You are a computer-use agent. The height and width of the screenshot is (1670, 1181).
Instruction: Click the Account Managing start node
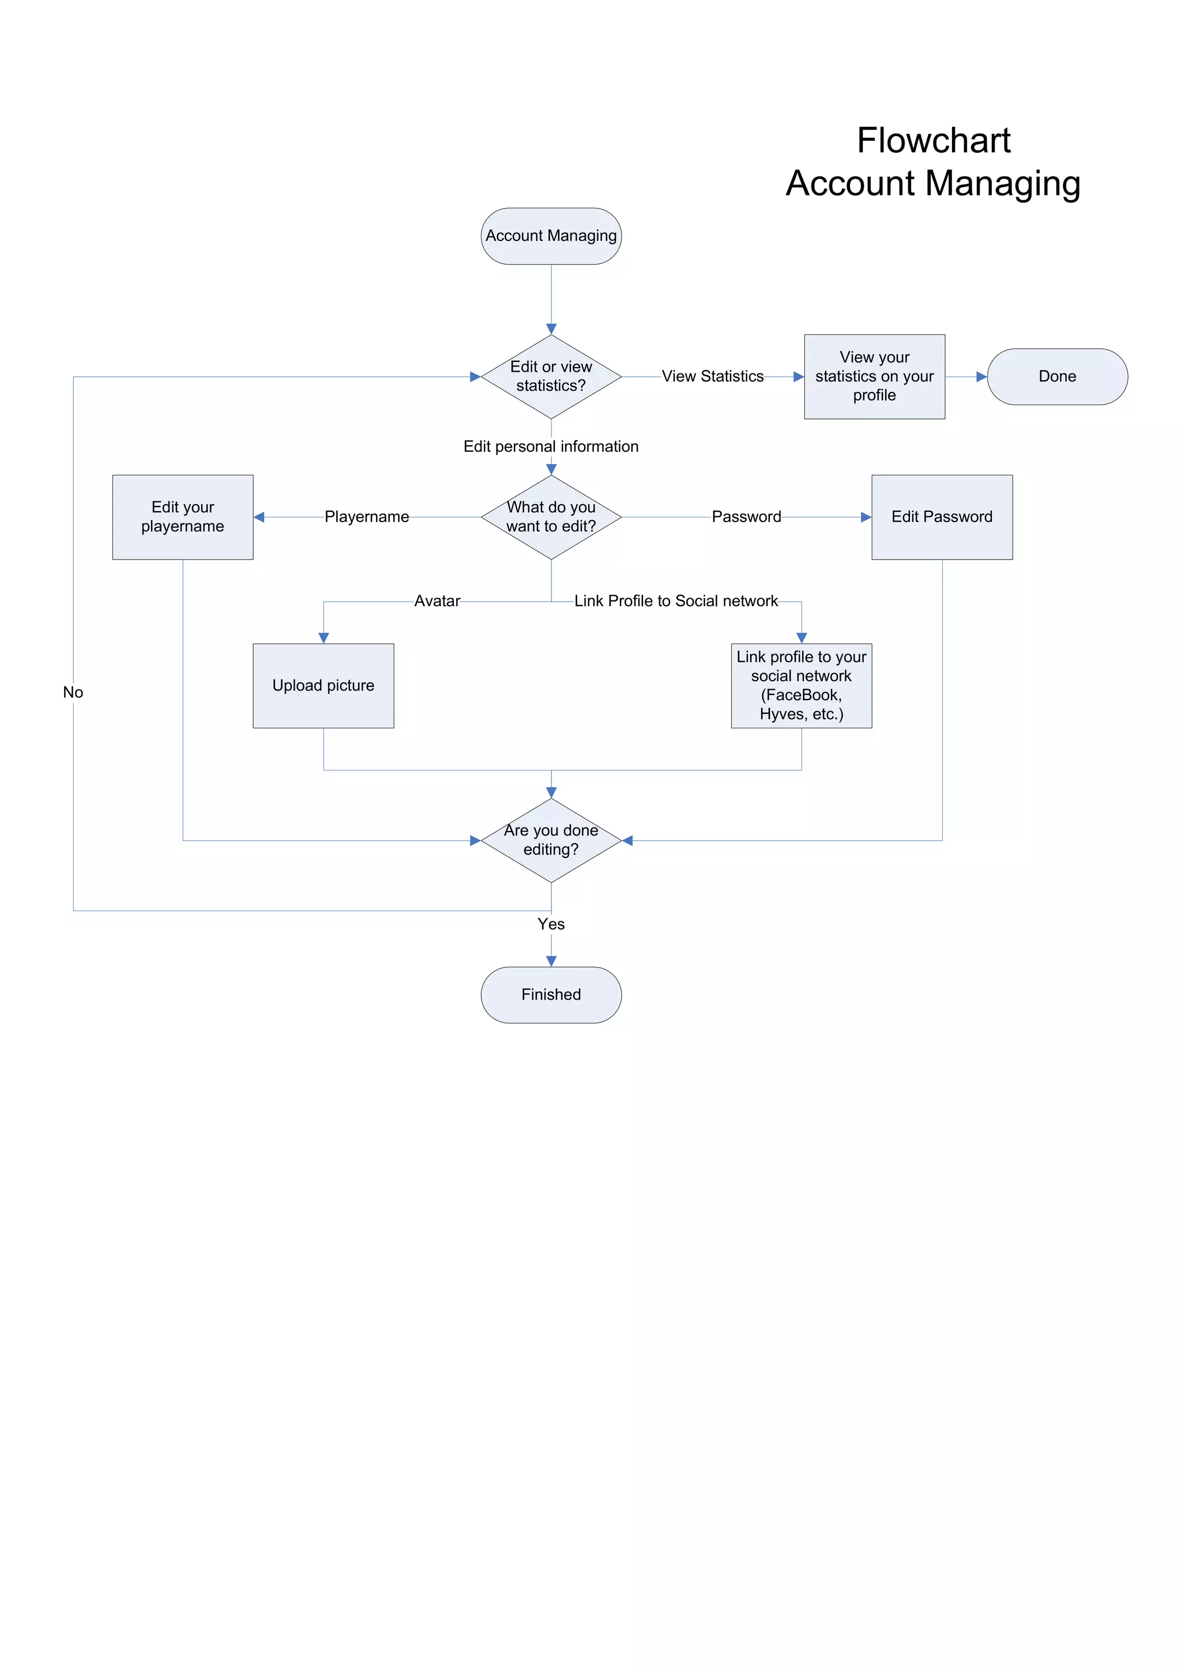[x=551, y=236]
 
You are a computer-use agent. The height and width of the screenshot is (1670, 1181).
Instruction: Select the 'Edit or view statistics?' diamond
[x=551, y=376]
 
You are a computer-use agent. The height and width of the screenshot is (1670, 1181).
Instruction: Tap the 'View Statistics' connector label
[x=712, y=376]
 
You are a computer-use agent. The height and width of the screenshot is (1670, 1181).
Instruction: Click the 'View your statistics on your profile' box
[x=874, y=376]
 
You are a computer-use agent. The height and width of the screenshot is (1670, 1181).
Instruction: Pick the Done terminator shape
[x=1056, y=376]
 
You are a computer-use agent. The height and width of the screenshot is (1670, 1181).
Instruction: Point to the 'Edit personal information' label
[x=551, y=447]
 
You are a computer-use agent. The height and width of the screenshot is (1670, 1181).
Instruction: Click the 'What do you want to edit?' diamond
[x=551, y=516]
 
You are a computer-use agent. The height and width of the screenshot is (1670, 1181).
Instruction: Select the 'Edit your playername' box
[x=183, y=516]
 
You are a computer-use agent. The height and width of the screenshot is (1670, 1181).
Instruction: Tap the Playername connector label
[x=367, y=516]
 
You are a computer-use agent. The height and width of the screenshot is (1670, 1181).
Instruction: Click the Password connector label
[x=746, y=516]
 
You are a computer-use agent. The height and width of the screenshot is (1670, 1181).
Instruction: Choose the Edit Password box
[x=942, y=516]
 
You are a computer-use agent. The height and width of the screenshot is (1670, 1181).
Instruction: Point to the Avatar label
[x=437, y=601]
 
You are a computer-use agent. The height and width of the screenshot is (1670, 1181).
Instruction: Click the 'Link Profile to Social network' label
[x=676, y=601]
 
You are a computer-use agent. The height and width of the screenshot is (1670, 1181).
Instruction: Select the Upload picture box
[x=323, y=685]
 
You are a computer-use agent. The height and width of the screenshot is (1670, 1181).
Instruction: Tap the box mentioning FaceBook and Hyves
[x=801, y=685]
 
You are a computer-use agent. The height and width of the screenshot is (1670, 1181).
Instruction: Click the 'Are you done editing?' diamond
[x=551, y=840]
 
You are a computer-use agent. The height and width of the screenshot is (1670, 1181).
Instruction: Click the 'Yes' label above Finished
[x=551, y=924]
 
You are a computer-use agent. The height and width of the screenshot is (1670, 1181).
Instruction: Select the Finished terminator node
[x=551, y=994]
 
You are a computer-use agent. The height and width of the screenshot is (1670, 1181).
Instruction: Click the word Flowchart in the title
[x=933, y=141]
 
